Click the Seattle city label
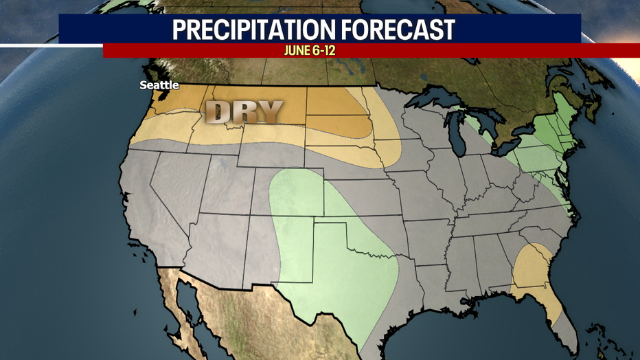click(x=159, y=85)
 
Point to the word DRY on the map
click(x=244, y=112)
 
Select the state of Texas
click(x=343, y=275)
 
